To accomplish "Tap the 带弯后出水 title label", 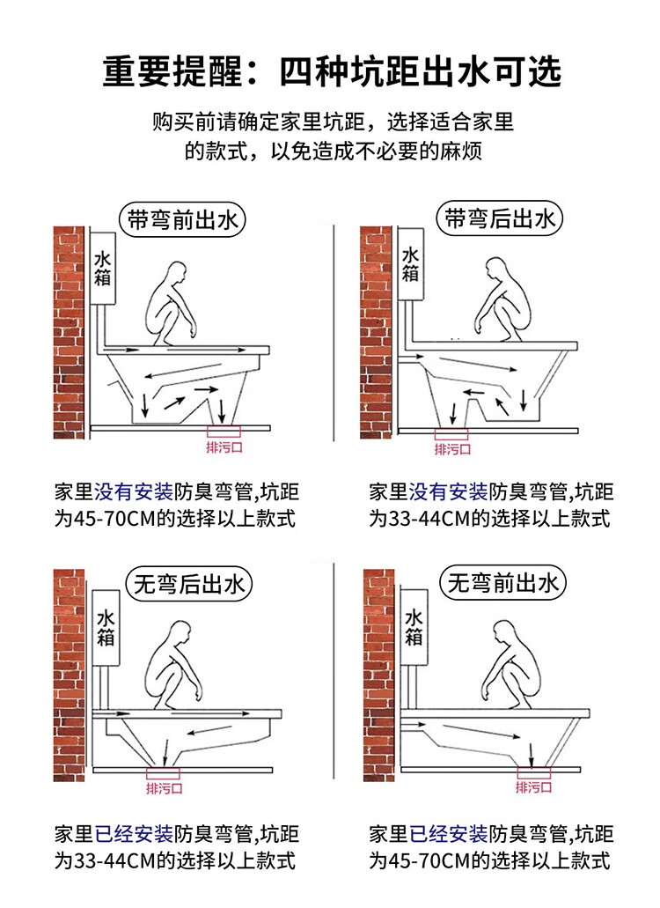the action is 499,218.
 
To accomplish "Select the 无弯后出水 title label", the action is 189,584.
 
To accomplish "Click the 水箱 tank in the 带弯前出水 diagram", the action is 103,268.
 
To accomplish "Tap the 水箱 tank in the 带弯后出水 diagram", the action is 410,264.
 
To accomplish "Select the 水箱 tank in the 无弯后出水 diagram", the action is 106,628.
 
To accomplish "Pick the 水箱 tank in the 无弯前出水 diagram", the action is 414,627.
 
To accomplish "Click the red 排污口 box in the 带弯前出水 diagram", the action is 224,431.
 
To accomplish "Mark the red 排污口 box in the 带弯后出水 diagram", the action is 451,433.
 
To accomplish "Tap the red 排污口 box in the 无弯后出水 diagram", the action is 163,773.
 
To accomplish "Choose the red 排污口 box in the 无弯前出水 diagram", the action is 534,771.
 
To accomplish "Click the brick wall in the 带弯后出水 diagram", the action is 377,332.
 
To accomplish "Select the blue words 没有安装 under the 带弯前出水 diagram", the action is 134,492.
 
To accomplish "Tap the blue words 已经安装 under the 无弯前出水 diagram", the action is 448,834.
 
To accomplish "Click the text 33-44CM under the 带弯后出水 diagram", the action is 429,518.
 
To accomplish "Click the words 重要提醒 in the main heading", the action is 172,72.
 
